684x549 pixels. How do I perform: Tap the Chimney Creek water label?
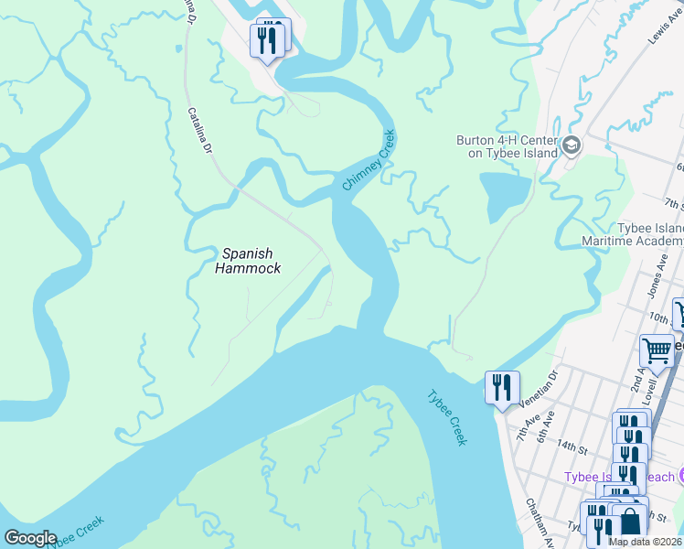[369, 160]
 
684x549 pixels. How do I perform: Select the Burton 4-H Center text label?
[507, 147]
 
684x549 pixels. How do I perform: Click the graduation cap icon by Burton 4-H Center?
[571, 145]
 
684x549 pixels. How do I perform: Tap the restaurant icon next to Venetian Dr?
[502, 387]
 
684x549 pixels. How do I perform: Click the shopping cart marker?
[656, 350]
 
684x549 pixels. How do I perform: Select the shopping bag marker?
[630, 522]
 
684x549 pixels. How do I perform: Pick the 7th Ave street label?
[525, 425]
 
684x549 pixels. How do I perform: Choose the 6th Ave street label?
[546, 423]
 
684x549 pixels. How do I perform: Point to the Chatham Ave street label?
[540, 524]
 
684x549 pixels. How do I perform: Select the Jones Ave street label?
[654, 275]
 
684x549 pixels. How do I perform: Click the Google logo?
[30, 538]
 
